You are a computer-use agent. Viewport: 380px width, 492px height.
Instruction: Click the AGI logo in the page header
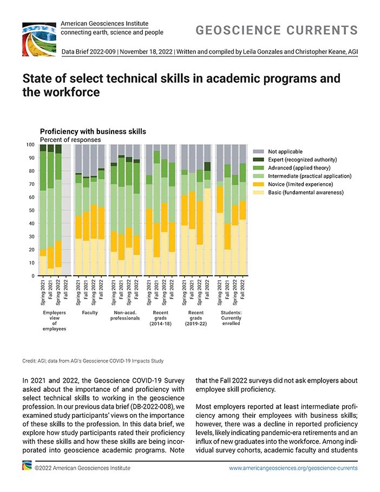coord(39,39)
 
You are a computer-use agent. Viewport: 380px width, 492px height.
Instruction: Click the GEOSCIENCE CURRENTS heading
coord(277,30)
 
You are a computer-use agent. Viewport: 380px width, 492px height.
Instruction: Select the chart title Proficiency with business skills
coord(93,132)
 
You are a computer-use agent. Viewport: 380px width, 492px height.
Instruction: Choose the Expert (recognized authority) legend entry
coord(295,160)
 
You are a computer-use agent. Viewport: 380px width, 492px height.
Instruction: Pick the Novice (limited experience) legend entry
coord(293,184)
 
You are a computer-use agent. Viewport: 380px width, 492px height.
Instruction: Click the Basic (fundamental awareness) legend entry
coord(298,192)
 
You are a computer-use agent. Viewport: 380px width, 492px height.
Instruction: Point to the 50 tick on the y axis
coord(31,210)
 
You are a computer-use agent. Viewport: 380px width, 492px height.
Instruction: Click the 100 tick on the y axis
coord(30,145)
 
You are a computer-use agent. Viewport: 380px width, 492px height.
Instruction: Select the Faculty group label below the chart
coord(90,313)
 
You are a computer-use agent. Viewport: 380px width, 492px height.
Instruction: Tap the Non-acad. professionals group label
coord(125,315)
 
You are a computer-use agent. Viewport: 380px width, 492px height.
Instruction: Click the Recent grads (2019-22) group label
coord(196,318)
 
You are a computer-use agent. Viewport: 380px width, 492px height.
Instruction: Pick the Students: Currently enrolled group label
coord(231,318)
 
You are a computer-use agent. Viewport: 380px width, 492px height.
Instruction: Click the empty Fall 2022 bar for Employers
coord(66,210)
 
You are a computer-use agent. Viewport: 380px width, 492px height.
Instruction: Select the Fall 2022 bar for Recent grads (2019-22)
coord(207,210)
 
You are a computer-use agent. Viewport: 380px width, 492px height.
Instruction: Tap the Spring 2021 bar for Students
coord(220,210)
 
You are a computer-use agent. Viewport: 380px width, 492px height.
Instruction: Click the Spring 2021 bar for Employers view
coord(43,210)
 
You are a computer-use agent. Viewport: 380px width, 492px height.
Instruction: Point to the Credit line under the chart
coord(93,361)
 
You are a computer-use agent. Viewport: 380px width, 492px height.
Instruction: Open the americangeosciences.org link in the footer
coord(293,468)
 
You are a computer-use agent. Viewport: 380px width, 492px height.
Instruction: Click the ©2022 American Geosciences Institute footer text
coord(82,468)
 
